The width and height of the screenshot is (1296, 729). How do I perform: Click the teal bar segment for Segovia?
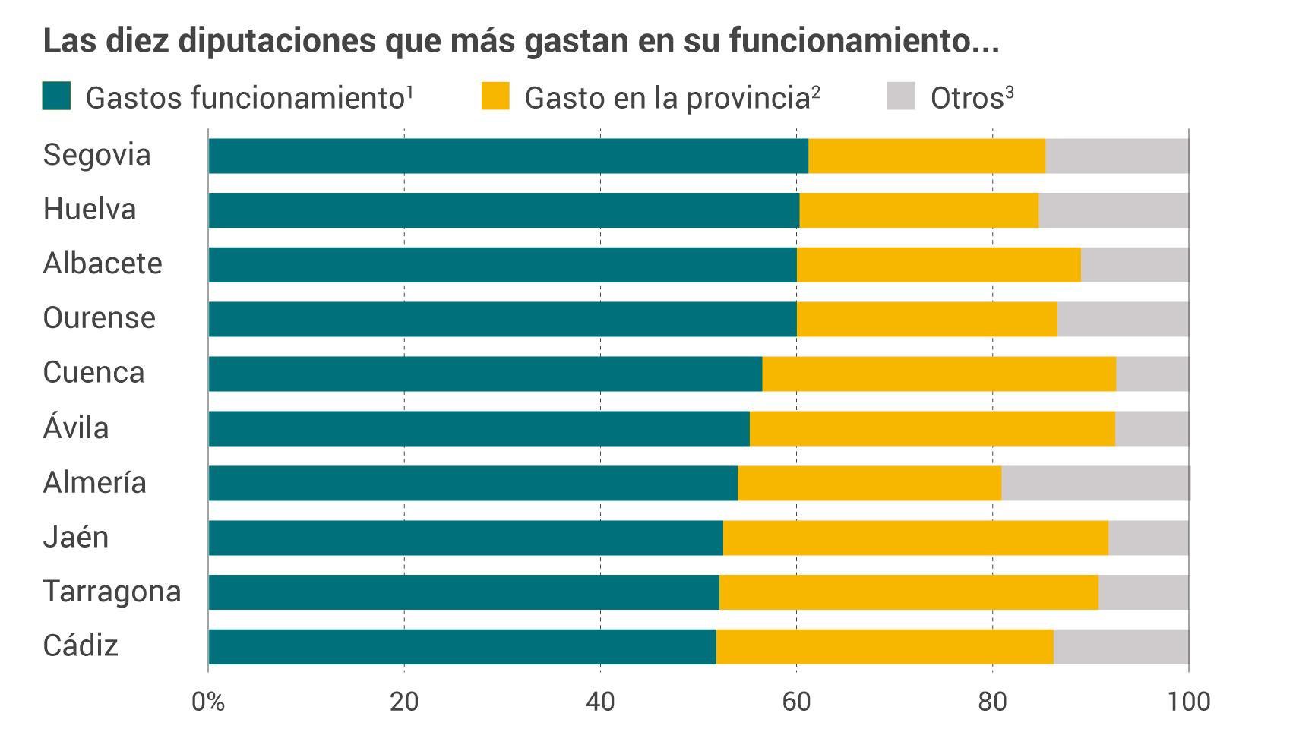[507, 156]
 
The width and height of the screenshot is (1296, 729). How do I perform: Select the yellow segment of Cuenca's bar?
[939, 374]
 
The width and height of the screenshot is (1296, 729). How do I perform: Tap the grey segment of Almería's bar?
[1095, 483]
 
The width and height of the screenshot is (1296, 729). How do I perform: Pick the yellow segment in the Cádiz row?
[884, 647]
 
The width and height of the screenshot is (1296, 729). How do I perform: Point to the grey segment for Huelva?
[1113, 210]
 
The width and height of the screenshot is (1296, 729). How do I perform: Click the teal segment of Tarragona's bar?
[463, 592]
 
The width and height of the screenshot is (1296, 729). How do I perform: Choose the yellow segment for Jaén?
[915, 538]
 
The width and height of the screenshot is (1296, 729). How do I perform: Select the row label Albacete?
[103, 264]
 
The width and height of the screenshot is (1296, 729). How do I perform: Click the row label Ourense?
[99, 317]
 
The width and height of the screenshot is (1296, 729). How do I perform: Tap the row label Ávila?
[76, 428]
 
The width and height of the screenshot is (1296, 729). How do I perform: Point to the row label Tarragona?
[112, 592]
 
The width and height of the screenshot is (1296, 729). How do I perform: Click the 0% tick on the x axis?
[207, 701]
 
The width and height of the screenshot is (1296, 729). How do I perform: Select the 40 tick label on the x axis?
[600, 701]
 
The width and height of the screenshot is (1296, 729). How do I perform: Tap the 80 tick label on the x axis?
[992, 701]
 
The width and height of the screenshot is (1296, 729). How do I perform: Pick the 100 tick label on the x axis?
[1188, 701]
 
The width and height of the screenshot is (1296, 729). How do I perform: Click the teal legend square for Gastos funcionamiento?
[56, 96]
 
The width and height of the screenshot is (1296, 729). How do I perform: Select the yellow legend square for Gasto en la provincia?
[495, 96]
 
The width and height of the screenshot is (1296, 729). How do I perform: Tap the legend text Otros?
[966, 98]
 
